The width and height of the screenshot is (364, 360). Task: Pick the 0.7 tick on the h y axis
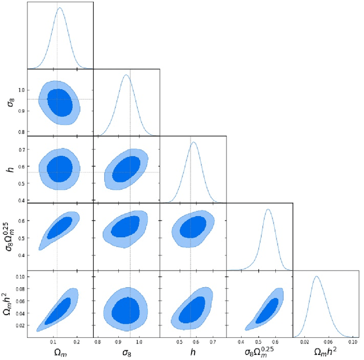20,150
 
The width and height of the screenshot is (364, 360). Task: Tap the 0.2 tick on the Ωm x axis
77,343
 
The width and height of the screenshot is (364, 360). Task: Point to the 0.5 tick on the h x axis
180,343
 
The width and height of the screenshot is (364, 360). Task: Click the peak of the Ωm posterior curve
60,8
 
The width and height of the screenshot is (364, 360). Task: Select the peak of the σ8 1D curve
126,75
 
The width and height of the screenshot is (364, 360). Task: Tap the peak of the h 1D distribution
193,142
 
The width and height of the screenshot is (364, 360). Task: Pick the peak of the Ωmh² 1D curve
316,277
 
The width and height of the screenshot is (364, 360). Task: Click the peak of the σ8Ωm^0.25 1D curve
267,209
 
